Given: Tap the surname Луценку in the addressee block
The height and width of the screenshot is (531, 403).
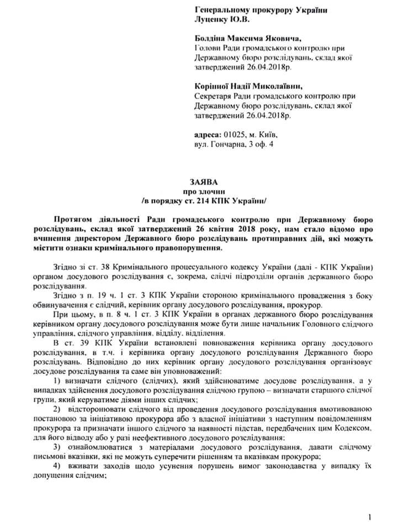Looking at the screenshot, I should tap(213, 20).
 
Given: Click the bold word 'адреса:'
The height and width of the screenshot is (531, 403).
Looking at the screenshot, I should tap(208, 134).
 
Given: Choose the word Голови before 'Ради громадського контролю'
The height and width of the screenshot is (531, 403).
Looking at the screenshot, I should tap(208, 49).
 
